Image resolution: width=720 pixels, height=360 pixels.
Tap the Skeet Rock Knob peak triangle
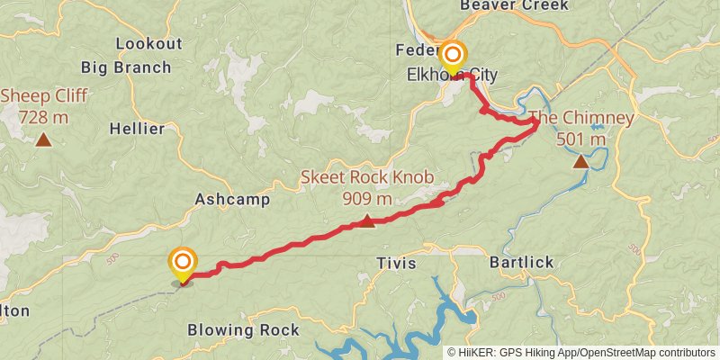(367, 220)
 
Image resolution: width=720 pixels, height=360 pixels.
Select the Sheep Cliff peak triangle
(43, 139)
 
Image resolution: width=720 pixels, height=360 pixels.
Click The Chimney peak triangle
(581, 162)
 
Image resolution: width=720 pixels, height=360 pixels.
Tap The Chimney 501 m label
(581, 129)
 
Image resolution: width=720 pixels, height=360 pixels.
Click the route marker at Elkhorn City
(452, 56)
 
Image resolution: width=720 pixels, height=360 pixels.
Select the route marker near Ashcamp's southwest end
(183, 263)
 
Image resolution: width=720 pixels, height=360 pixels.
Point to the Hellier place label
(137, 129)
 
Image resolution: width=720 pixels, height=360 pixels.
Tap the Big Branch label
(126, 67)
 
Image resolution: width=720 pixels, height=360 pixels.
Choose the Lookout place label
(148, 44)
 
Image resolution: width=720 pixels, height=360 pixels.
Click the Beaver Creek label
(514, 5)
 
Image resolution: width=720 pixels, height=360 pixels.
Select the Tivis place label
(397, 263)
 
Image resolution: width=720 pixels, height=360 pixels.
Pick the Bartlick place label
(521, 263)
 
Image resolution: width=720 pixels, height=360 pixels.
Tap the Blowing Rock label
(243, 330)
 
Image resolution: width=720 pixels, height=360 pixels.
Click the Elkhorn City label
(447, 75)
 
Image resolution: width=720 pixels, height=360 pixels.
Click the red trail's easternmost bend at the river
(537, 124)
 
